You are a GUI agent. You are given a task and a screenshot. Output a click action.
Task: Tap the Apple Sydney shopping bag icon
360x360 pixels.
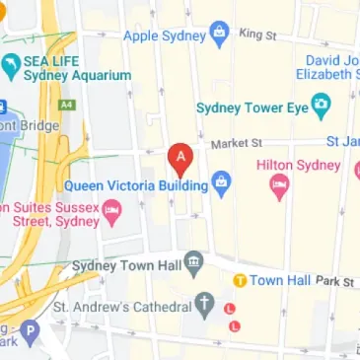[220, 36]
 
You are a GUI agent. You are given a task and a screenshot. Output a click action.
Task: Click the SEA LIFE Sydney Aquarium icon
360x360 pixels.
[12, 66]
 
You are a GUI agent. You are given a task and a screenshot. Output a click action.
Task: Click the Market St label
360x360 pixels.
[235, 144]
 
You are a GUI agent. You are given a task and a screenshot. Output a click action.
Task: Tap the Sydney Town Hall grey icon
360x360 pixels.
[194, 264]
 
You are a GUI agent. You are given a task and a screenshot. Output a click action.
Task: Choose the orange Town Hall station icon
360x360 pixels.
[239, 281]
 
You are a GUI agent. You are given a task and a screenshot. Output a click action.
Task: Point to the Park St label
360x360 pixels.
[335, 281]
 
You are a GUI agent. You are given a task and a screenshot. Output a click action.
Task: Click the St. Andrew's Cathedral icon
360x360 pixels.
[204, 304]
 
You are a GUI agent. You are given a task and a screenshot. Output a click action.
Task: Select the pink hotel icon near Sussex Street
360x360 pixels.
[112, 208]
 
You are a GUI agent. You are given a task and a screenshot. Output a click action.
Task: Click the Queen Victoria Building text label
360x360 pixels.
[136, 185]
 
